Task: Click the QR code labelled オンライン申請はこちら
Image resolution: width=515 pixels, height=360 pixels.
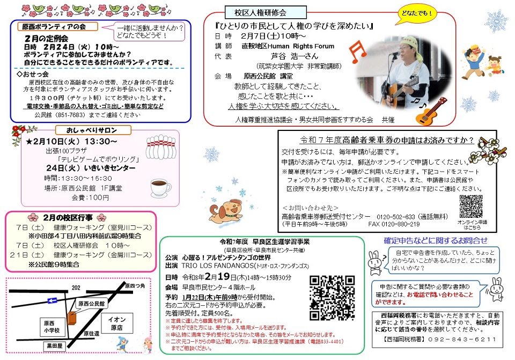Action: click(x=472, y=207)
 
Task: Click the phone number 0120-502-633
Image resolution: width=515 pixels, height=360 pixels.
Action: click(x=402, y=215)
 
